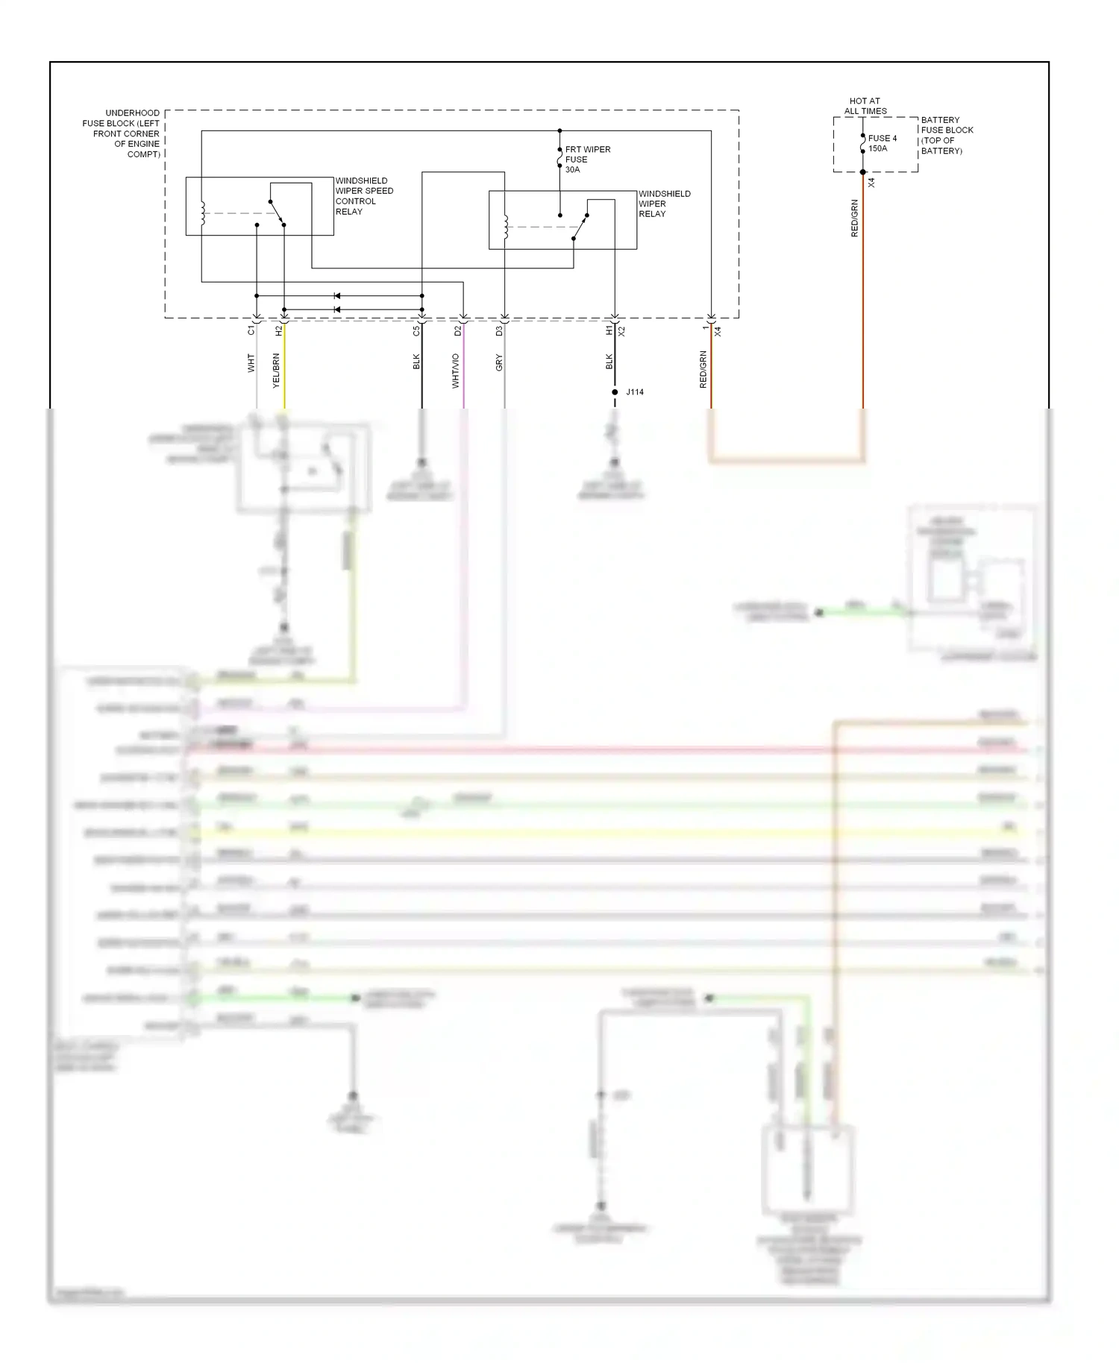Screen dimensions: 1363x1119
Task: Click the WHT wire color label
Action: coord(251,363)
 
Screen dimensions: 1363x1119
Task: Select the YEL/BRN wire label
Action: coord(276,371)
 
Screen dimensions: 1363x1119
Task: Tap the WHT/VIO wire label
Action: coord(456,371)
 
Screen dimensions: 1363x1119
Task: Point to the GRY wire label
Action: coord(499,363)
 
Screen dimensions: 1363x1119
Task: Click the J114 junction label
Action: coord(635,392)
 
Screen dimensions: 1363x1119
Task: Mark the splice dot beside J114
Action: coord(615,392)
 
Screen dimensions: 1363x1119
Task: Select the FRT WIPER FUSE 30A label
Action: coord(587,160)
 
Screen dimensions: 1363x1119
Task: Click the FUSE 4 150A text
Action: coord(882,143)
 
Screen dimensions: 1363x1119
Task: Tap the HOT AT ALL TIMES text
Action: coord(865,106)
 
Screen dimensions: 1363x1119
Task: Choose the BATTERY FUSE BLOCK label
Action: coord(947,135)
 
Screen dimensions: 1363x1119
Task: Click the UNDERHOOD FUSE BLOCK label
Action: coord(122,133)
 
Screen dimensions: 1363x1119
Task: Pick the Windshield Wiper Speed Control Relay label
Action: coord(363,196)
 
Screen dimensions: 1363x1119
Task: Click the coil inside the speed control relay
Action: coord(202,213)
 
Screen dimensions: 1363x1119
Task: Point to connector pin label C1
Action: coord(251,330)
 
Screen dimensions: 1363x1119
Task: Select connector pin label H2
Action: coord(279,330)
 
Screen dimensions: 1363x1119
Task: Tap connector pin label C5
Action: coord(416,330)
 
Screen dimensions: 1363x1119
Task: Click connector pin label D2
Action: coord(458,330)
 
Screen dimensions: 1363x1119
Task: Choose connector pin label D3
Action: coord(499,330)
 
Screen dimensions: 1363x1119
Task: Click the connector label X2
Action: coord(621,330)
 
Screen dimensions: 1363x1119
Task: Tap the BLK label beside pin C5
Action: coord(416,362)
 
